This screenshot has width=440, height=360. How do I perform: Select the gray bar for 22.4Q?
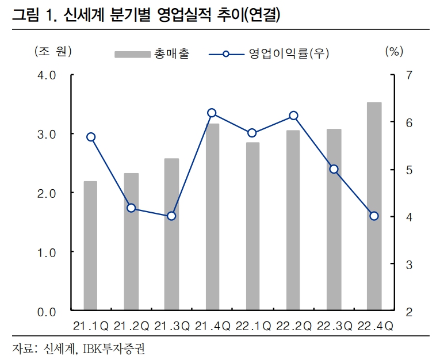tap(374, 206)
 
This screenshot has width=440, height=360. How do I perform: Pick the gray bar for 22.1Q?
tap(252, 227)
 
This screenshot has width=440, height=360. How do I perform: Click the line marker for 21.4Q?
tap(212, 113)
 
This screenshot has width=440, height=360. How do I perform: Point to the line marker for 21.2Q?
tap(131, 208)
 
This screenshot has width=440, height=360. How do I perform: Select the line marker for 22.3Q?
tap(334, 169)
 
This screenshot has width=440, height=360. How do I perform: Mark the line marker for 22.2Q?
tap(293, 116)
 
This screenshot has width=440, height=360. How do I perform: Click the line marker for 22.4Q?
tap(374, 216)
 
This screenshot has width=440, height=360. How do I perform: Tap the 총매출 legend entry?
tap(152, 54)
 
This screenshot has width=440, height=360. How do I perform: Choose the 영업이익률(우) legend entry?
tap(270, 54)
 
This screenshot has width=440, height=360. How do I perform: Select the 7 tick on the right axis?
tap(409, 75)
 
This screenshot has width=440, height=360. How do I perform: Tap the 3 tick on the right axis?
tap(409, 265)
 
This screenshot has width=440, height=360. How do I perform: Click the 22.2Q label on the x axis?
tap(293, 326)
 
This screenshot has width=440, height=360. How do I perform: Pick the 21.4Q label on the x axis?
tap(212, 326)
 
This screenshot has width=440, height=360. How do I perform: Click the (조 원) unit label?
tap(52, 52)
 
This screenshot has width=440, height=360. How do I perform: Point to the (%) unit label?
tap(393, 52)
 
